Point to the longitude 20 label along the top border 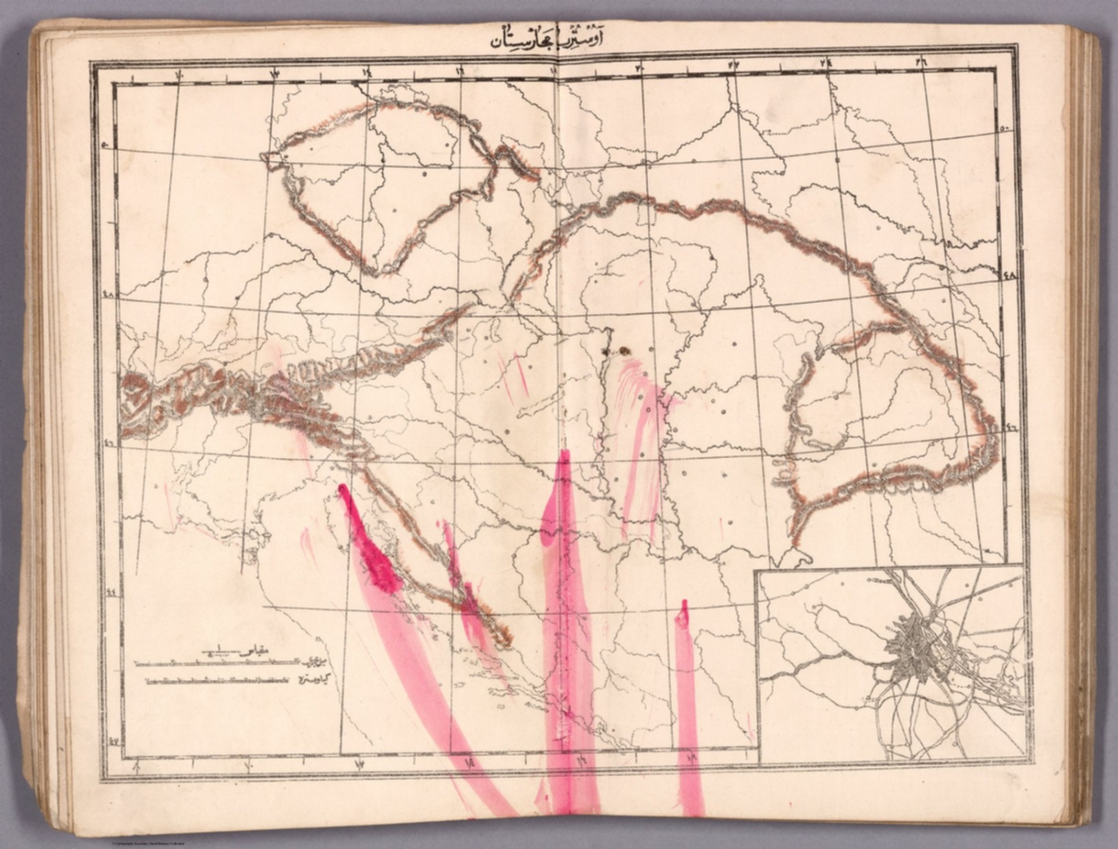coord(642,68)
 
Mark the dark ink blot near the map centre coord(622,352)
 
